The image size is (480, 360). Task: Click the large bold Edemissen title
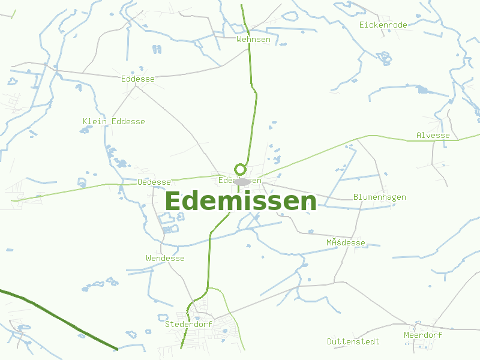point(240,202)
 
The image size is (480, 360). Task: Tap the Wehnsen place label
point(253,40)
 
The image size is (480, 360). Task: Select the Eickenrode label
point(383,25)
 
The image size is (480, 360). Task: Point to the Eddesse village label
point(137,79)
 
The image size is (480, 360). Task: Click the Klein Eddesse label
point(113,121)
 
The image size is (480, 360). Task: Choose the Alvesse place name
point(433,135)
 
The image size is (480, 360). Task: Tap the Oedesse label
point(154,182)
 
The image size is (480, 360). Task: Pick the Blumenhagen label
point(379,197)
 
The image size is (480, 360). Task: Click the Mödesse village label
point(346,242)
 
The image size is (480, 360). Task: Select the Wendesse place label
point(165,258)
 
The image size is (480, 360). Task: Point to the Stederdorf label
point(189,324)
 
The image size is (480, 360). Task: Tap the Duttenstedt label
point(353,341)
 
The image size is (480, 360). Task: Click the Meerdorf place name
point(422,335)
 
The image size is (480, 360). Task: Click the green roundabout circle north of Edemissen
point(241,169)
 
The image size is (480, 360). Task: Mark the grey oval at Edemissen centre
point(242,181)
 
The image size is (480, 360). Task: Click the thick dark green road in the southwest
point(60,317)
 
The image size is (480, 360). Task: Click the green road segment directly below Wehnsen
point(251,66)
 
